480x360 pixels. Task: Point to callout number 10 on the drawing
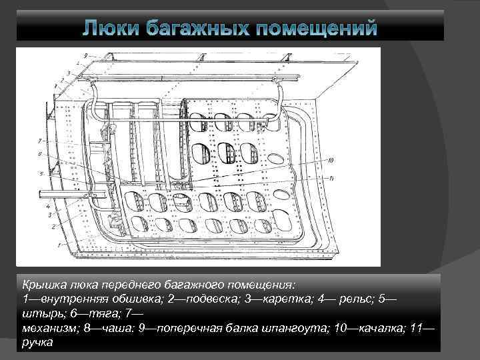(x=330, y=160)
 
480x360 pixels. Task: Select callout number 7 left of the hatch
(x=40, y=141)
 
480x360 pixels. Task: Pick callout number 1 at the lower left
(x=59, y=245)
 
